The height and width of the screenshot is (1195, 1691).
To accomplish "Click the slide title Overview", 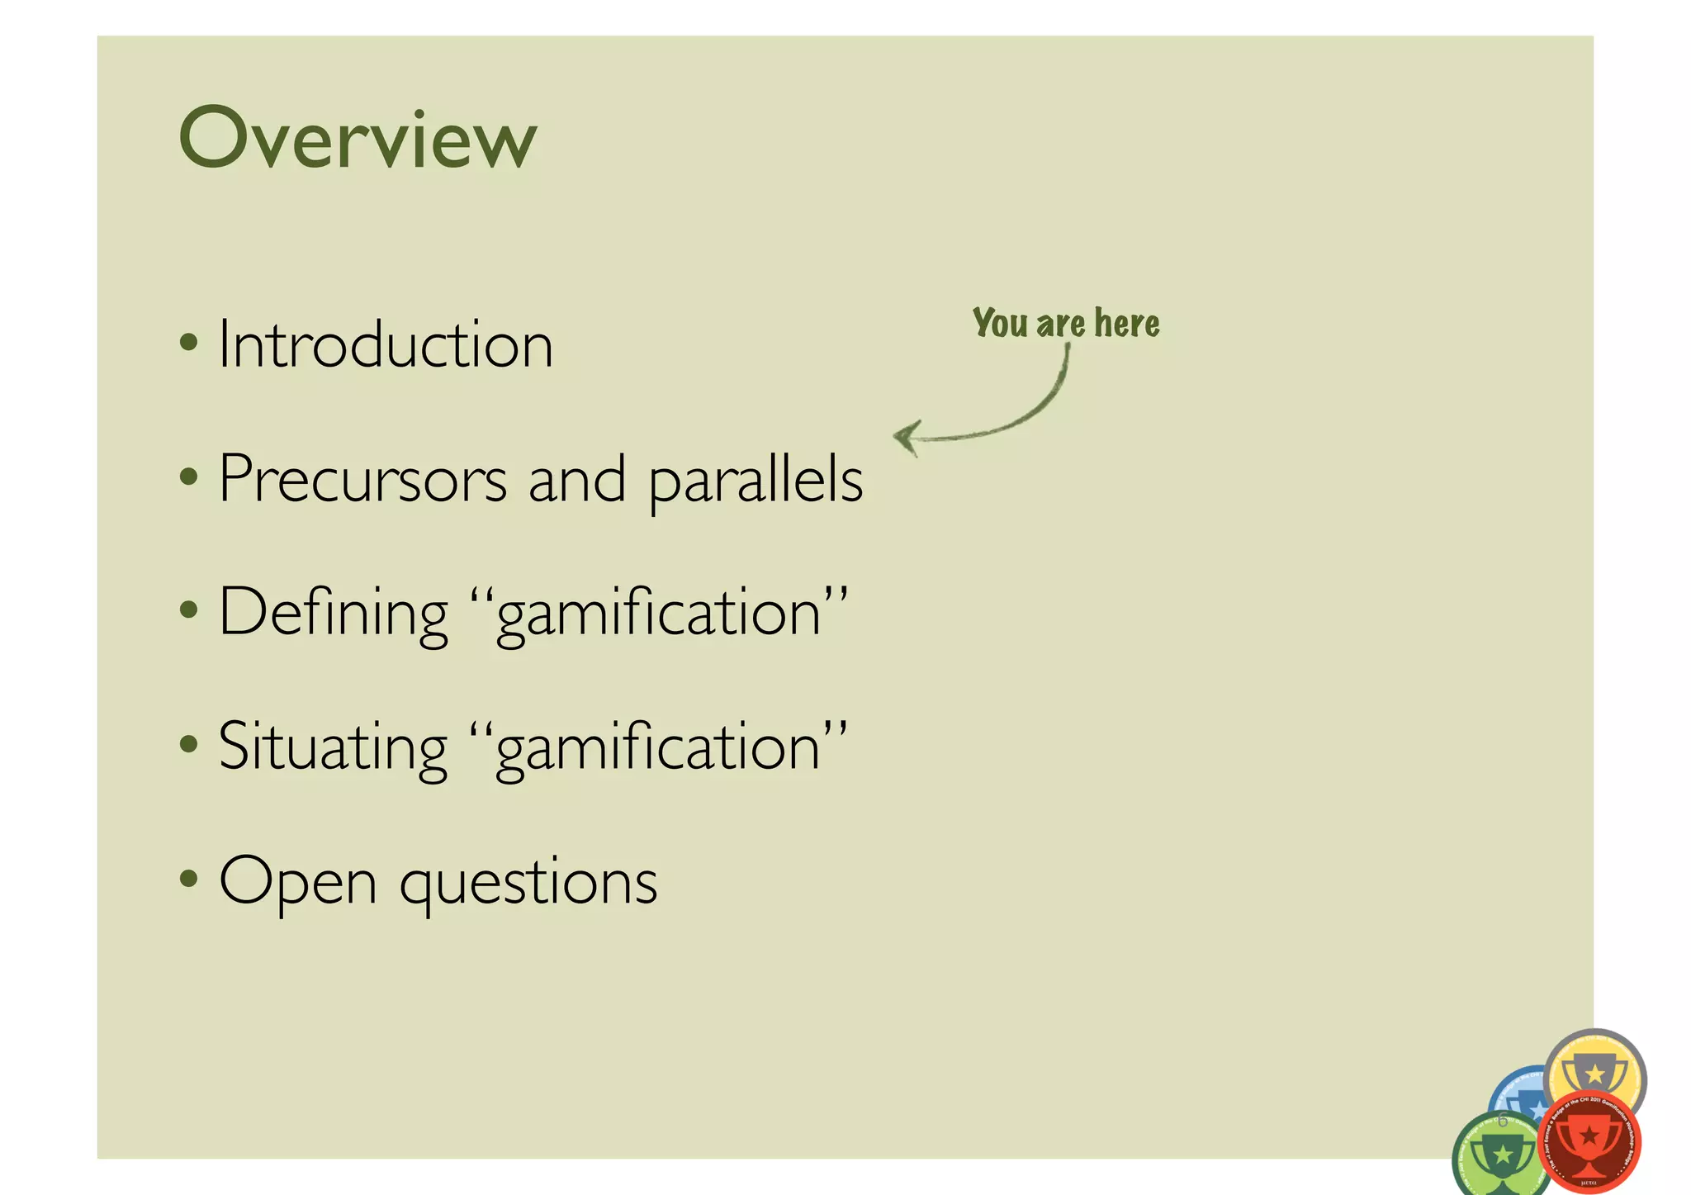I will (358, 139).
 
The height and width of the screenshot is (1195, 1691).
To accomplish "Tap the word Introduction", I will (385, 344).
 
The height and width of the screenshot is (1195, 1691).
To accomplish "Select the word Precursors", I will (362, 479).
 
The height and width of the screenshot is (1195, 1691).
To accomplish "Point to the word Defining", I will (333, 613).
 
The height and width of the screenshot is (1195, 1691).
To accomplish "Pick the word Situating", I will (332, 747).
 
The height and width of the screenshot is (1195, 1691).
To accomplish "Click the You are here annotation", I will (1065, 323).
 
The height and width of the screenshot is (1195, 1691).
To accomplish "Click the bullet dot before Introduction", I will (189, 342).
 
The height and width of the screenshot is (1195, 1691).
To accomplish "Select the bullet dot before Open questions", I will (189, 878).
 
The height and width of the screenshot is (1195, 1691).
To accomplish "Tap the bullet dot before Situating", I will (189, 743).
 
